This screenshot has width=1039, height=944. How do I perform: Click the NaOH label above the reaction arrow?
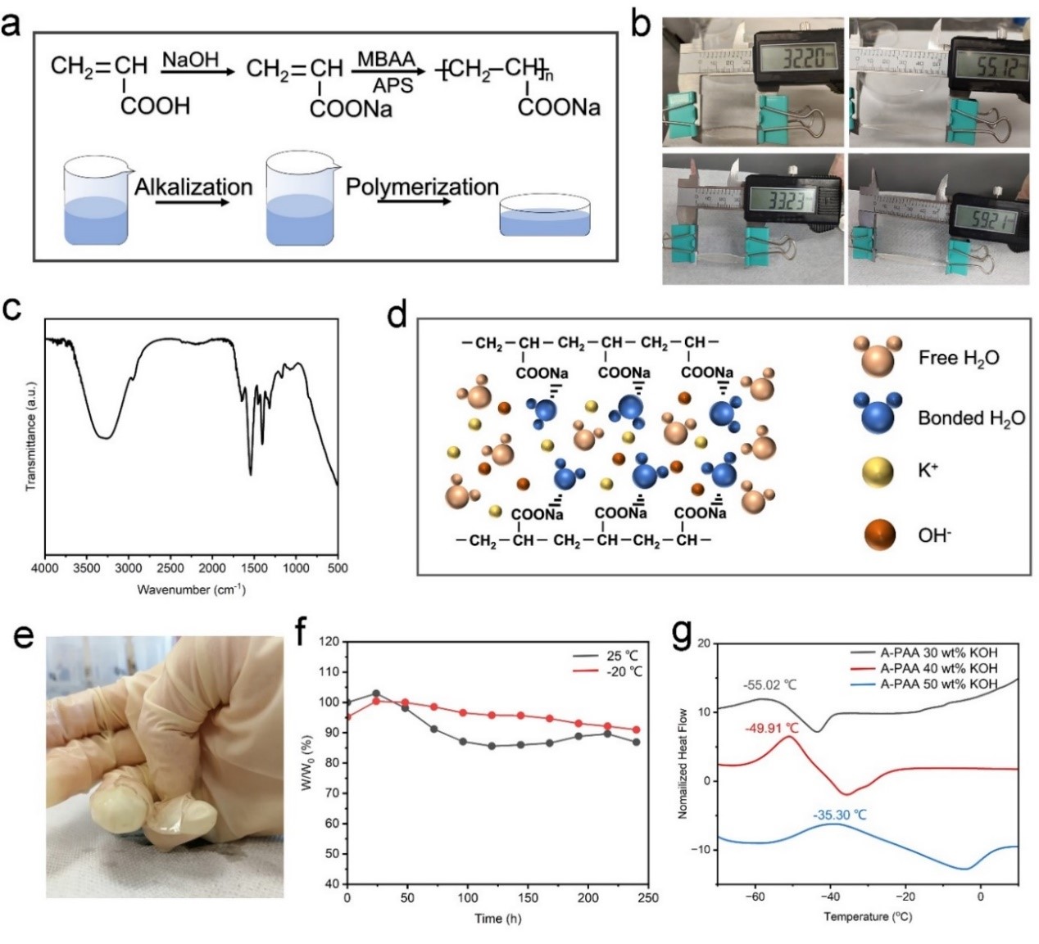pyautogui.click(x=191, y=59)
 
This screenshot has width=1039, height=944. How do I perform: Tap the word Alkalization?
pyautogui.click(x=193, y=187)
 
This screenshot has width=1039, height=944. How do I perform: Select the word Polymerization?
pyautogui.click(x=422, y=187)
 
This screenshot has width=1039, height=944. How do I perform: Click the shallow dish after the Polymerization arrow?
pyautogui.click(x=545, y=216)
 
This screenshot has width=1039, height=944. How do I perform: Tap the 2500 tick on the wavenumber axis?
pyautogui.click(x=170, y=568)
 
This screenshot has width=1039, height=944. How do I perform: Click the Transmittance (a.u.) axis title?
pyautogui.click(x=31, y=436)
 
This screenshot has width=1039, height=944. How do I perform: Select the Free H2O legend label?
pyautogui.click(x=958, y=359)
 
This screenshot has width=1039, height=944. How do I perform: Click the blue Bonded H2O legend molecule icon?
pyautogui.click(x=878, y=413)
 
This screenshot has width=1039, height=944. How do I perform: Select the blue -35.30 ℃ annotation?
pyautogui.click(x=839, y=815)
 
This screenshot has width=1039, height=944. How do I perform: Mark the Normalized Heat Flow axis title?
pyautogui.click(x=683, y=764)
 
